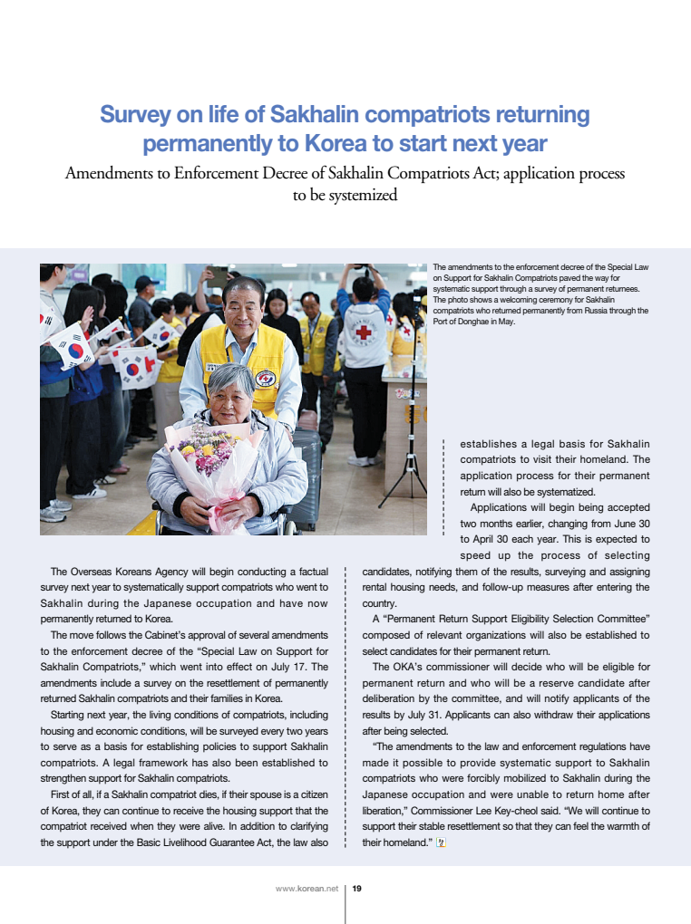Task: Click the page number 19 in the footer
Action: pos(357,889)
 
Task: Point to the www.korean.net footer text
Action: pos(306,889)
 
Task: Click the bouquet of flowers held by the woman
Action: pos(208,460)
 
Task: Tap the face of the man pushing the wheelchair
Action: pos(242,307)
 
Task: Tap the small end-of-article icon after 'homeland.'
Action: pos(442,842)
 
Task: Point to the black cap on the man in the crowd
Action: pos(145,283)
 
